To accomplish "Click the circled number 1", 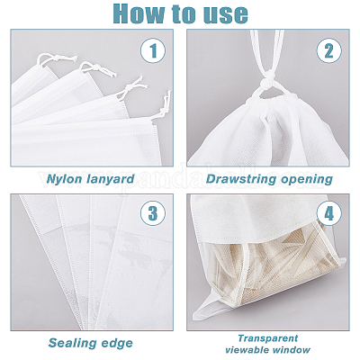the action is [153, 50].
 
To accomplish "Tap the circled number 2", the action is [329, 50].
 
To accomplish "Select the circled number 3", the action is [153, 213].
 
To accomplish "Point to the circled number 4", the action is [329, 213].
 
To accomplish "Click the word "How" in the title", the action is [139, 13].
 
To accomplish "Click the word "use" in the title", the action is [227, 15].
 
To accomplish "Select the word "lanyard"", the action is [110, 179].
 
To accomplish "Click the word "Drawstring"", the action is [241, 179].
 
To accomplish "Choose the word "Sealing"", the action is [73, 343].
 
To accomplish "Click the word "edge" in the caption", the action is [117, 343].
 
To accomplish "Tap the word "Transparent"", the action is [268, 338].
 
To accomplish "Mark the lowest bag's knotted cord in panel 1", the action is [165, 106].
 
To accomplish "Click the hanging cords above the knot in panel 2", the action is [267, 51].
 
